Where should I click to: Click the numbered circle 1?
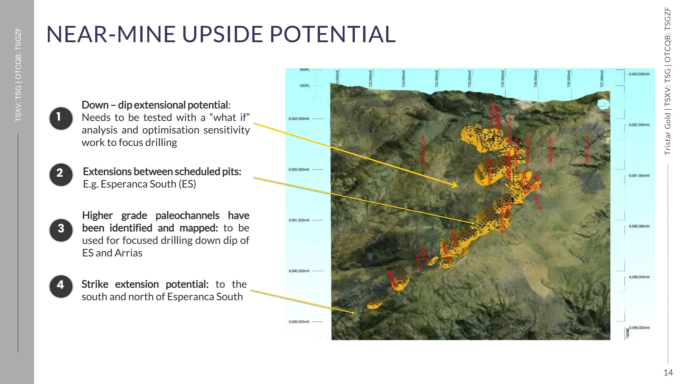61,118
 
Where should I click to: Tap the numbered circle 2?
61,174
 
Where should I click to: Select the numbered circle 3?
61,230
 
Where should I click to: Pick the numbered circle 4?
61,286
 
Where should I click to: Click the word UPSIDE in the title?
222,34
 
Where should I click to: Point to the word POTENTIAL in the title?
333,34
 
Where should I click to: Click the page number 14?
668,372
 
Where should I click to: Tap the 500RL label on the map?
304,70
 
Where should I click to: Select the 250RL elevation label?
304,86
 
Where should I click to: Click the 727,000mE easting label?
602,78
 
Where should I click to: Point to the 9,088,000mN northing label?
639,328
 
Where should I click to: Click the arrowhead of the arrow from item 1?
456,185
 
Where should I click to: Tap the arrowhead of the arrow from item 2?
473,223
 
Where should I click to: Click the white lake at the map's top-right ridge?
603,104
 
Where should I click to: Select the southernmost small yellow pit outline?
375,304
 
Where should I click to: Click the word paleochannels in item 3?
187,216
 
